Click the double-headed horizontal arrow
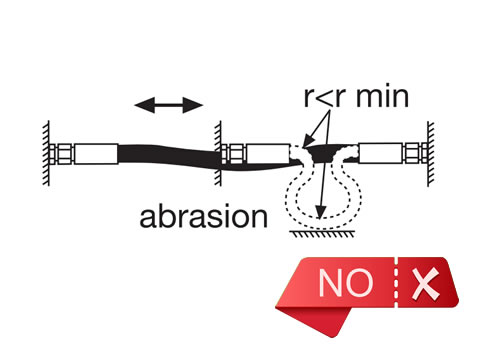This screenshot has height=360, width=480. click(170, 103)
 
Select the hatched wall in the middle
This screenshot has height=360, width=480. click(216, 152)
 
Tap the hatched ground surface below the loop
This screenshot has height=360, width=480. click(320, 231)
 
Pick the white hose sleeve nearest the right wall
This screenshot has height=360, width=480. click(385, 153)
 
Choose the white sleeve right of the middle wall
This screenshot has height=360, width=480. click(263, 155)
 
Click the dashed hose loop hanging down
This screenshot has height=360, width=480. click(292, 195)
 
